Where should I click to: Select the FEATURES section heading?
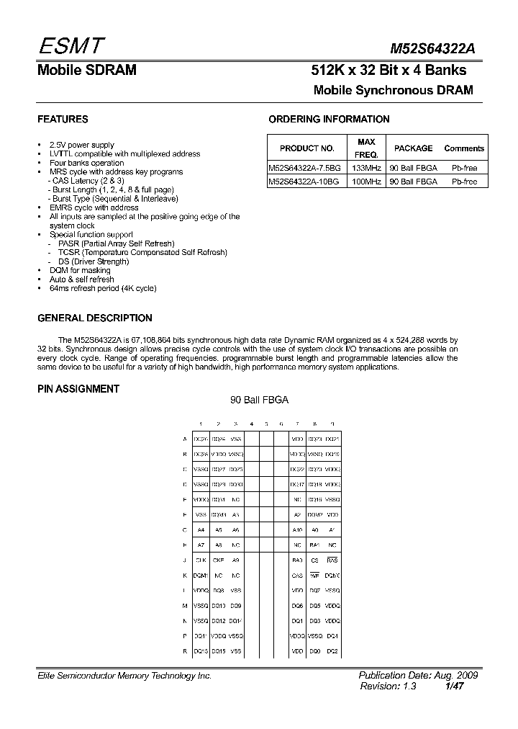point(63,120)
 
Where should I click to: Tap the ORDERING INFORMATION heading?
point(329,120)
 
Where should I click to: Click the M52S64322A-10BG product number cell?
point(303,182)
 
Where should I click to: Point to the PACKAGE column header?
point(413,148)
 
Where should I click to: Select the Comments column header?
point(464,148)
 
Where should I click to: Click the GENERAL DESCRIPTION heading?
point(94,318)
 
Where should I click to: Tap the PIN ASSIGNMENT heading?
point(78,389)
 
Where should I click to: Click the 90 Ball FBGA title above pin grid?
point(259,401)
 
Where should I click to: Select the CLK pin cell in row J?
point(201,559)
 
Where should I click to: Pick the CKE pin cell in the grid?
point(219,559)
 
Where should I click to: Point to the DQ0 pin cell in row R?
point(314,650)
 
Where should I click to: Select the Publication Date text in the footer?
point(418,676)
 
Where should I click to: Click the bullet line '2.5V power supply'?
point(81,145)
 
